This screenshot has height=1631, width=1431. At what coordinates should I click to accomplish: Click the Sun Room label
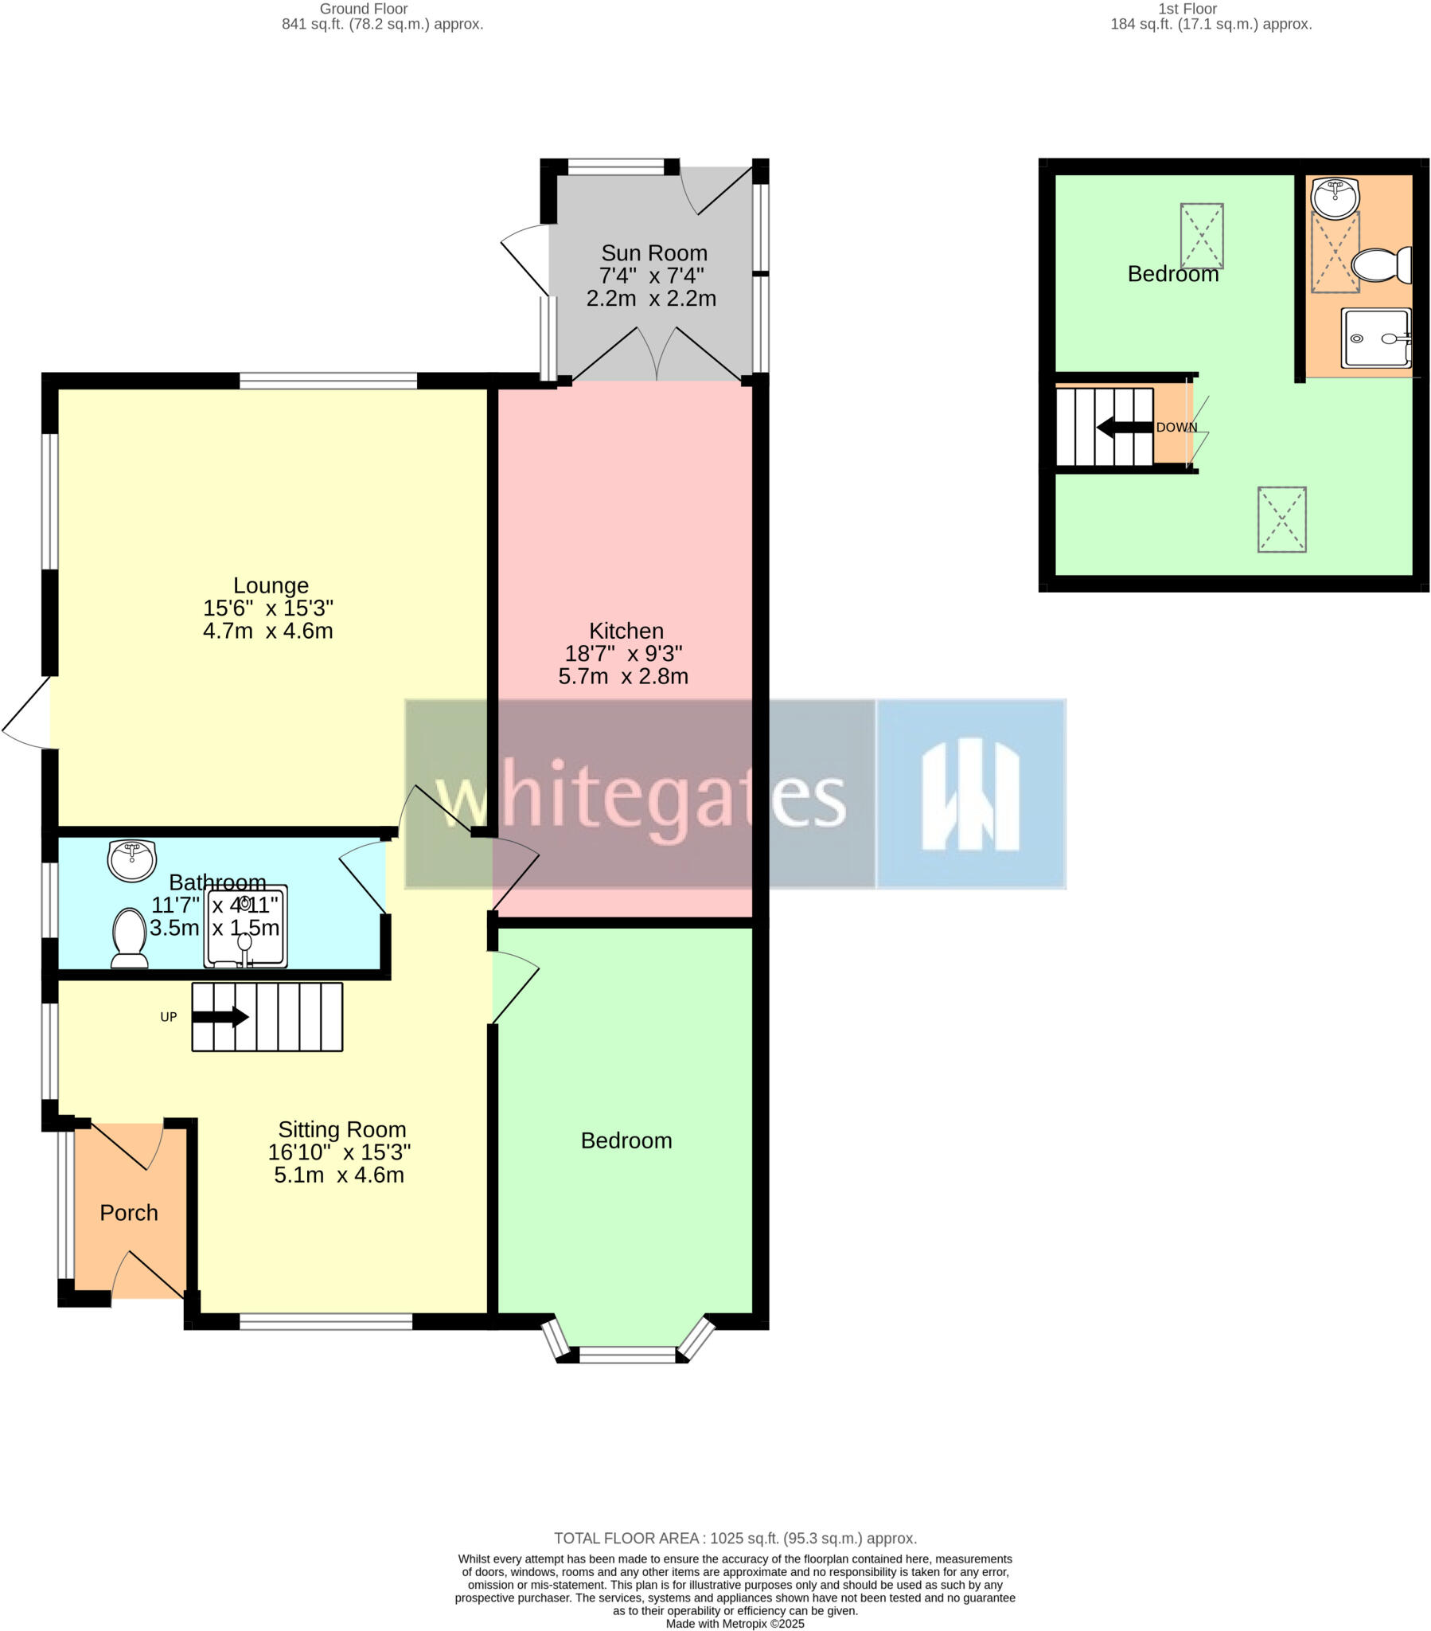[x=653, y=253]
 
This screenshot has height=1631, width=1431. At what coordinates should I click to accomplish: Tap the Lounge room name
[x=271, y=585]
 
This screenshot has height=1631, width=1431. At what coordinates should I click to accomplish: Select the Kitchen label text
[x=626, y=632]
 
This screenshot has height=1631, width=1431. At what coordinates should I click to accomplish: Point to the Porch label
[x=128, y=1213]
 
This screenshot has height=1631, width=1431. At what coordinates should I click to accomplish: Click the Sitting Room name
[x=341, y=1130]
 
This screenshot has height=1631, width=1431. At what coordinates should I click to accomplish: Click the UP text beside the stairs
[x=168, y=1017]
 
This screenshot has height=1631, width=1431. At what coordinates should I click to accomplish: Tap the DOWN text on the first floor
[x=1176, y=428]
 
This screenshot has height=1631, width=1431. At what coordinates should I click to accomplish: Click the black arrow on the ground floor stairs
[x=221, y=1017]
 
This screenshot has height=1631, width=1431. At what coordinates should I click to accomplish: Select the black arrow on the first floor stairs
[x=1124, y=428]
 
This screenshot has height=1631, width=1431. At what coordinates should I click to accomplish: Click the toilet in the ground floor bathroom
[x=129, y=937]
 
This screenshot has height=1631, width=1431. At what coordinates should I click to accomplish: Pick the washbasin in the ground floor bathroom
[x=131, y=861]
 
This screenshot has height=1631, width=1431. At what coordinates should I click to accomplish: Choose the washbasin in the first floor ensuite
[x=1335, y=197]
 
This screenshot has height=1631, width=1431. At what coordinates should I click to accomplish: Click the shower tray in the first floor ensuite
[x=1375, y=338]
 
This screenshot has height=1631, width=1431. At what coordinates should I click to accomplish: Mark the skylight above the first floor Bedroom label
[x=1201, y=237]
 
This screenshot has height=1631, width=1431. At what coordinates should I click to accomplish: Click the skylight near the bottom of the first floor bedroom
[x=1281, y=519]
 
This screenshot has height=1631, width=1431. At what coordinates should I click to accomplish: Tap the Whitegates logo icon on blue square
[x=970, y=794]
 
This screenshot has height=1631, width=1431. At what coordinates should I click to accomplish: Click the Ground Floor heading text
[x=364, y=9]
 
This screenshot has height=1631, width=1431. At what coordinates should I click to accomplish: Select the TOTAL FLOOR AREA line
[x=735, y=1539]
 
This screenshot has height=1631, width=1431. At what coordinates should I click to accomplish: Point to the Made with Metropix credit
[x=735, y=1624]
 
